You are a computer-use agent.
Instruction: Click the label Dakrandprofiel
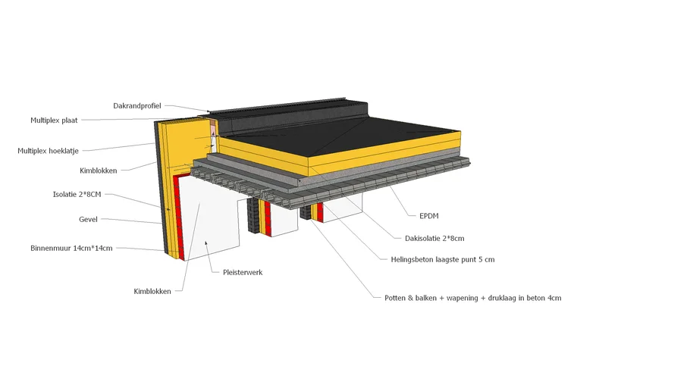(x=136, y=105)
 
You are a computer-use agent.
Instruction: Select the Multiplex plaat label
(x=54, y=120)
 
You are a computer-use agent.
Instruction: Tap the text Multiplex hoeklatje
(x=48, y=151)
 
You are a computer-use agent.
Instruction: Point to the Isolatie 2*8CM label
(x=75, y=194)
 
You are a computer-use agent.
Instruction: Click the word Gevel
(x=89, y=220)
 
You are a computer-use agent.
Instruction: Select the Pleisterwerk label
(x=243, y=272)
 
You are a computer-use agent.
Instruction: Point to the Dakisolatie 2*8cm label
(x=434, y=238)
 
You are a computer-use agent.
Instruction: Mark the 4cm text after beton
(x=554, y=298)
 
